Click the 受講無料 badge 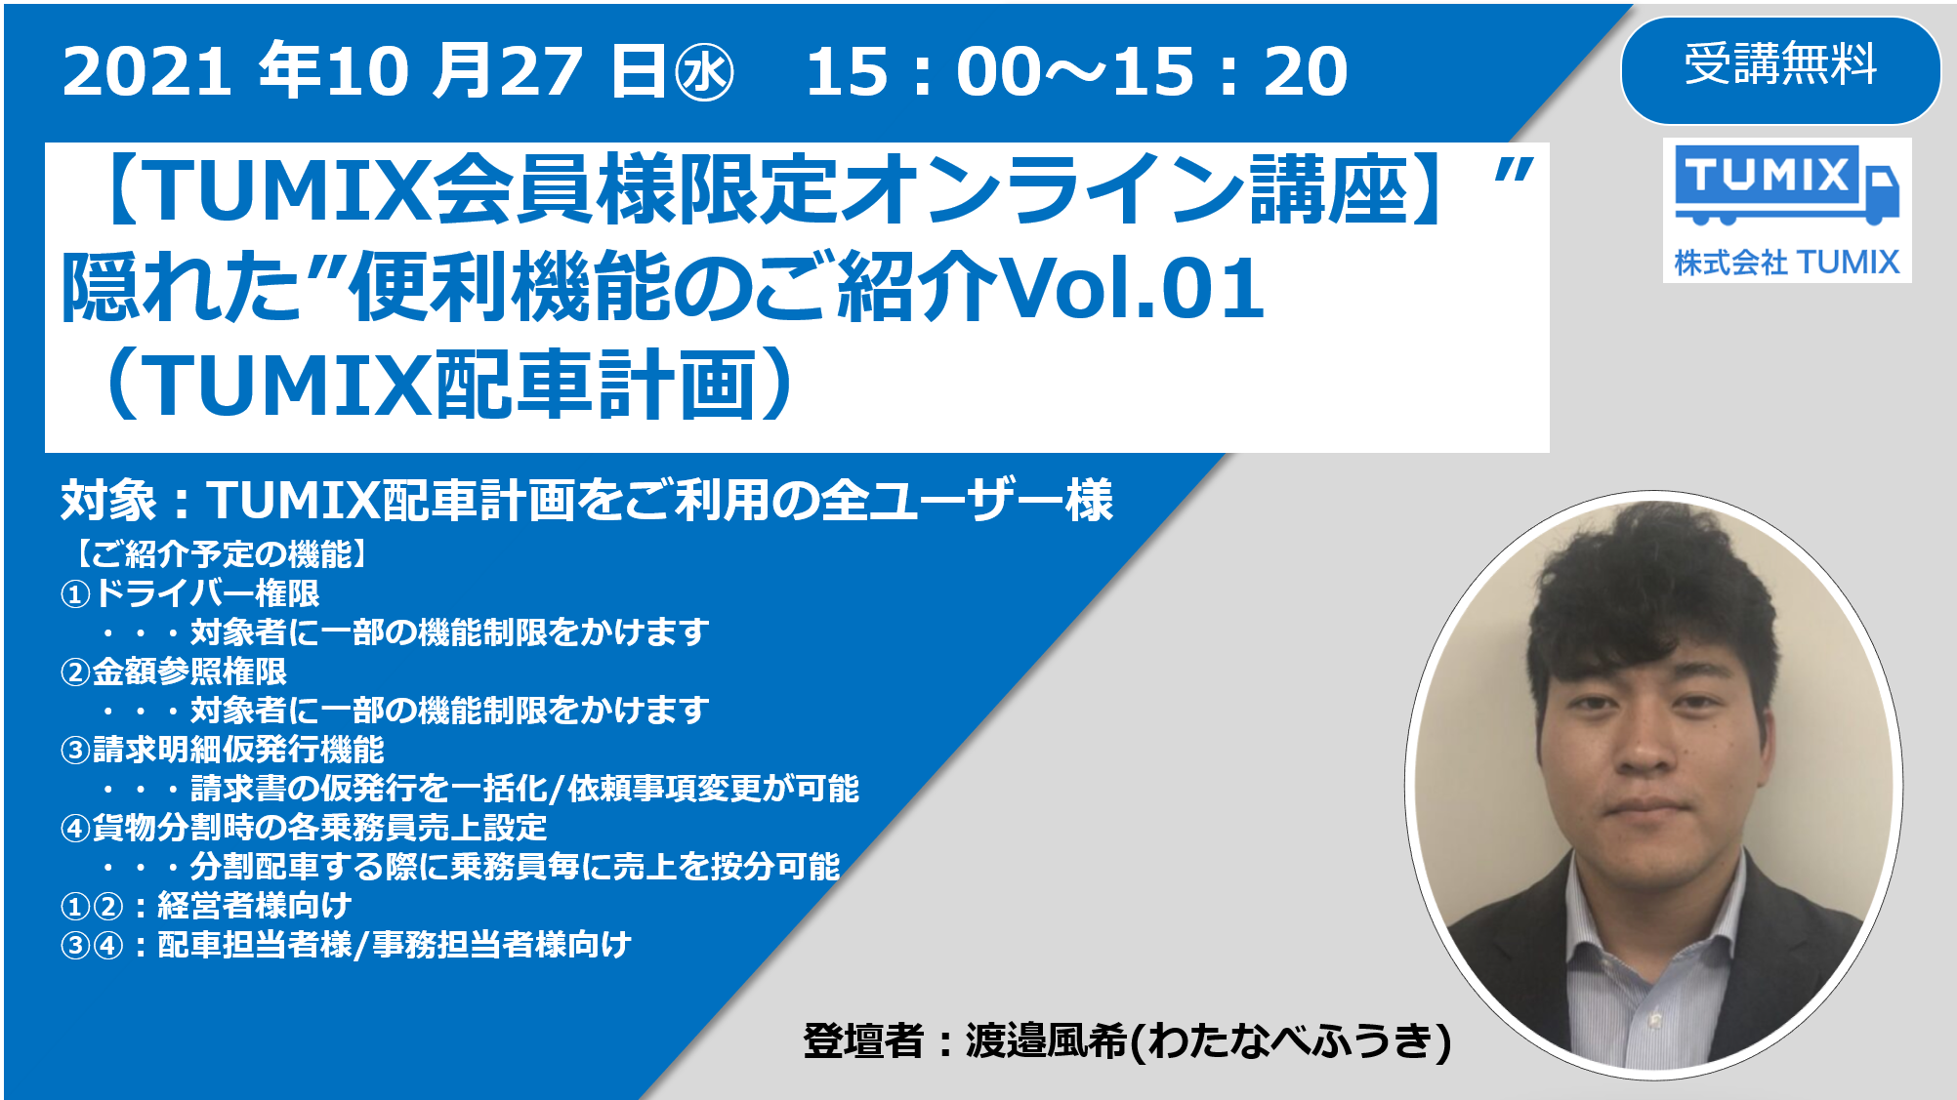(x=1780, y=66)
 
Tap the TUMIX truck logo (x=1785, y=185)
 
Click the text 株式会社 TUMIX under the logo (x=1786, y=263)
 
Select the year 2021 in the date (x=146, y=72)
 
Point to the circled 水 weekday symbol (x=704, y=74)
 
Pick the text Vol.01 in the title (x=1133, y=288)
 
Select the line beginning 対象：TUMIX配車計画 (x=586, y=501)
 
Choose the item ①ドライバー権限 (x=190, y=593)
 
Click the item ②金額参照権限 (x=174, y=672)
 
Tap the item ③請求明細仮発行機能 (x=223, y=750)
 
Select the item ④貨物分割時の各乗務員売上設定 (x=304, y=828)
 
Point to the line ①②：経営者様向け (x=206, y=906)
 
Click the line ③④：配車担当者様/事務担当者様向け (x=346, y=945)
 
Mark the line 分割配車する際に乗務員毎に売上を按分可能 (x=514, y=867)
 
